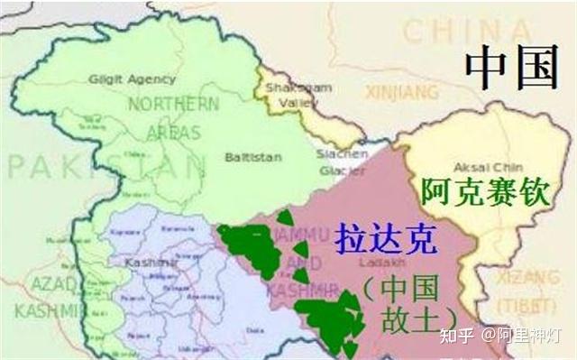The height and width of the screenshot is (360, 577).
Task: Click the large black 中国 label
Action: (x=511, y=67)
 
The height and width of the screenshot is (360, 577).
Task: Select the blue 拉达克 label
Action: (x=386, y=240)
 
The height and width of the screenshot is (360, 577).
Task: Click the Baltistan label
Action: (x=253, y=157)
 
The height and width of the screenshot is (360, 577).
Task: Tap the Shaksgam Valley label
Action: (x=287, y=96)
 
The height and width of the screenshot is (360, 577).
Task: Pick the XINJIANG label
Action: (x=402, y=91)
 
